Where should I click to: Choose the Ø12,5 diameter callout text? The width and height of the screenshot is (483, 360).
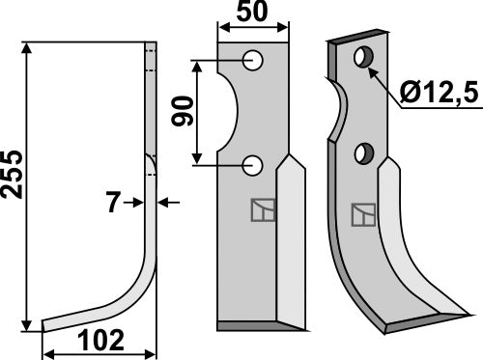pos(440,94)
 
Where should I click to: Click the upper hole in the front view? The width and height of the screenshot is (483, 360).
pos(254,61)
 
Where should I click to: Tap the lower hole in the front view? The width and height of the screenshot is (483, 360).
pos(254,165)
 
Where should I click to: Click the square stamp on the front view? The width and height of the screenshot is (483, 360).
pos(262,209)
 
